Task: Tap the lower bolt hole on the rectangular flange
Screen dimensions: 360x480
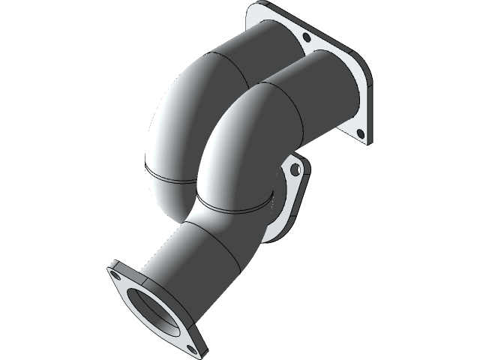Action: pos(359,133)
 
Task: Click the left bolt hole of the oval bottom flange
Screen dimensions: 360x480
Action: pos(117,275)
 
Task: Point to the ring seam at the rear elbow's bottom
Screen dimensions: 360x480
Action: pos(169,177)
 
